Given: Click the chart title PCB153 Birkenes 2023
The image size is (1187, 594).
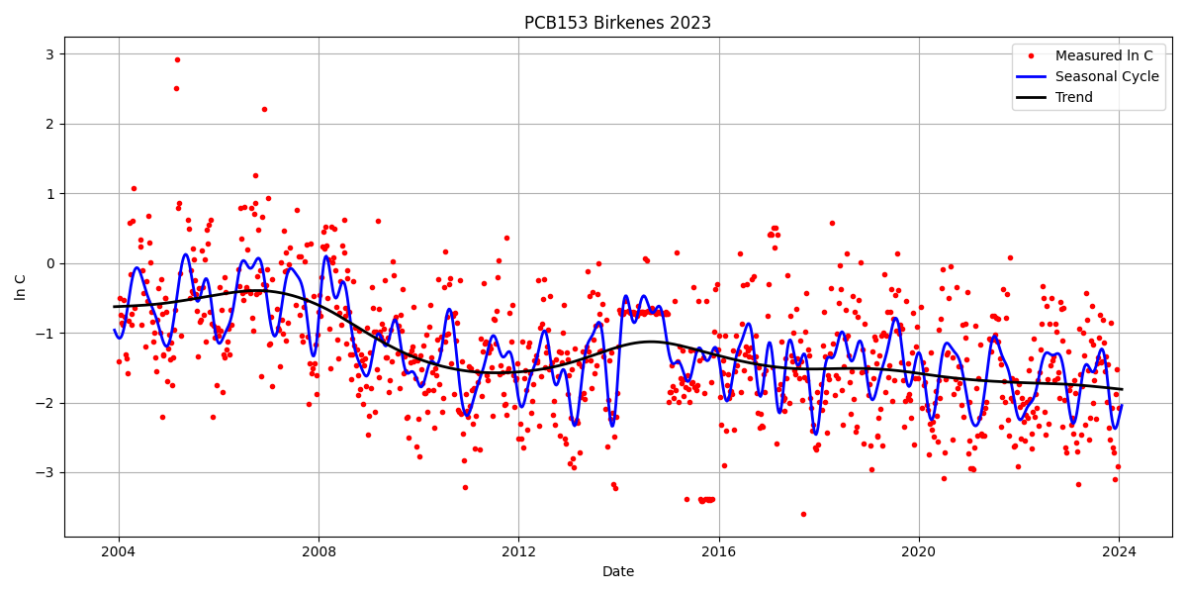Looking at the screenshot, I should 617,23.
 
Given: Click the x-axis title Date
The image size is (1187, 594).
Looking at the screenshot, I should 617,572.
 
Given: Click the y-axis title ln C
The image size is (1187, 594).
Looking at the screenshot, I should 21,287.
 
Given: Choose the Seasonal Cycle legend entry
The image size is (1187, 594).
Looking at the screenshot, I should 1099,76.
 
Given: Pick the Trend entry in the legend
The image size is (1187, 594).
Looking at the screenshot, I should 1074,97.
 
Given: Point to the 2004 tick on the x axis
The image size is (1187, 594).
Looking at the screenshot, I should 119,551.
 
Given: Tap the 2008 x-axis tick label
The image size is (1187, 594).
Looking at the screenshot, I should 319,551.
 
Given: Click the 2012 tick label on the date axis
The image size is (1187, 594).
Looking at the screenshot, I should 518,551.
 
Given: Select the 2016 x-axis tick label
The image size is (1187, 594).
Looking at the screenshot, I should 718,551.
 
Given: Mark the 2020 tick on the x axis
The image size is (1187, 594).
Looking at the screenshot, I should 918,551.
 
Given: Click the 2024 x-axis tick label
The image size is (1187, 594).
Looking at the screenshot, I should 1119,551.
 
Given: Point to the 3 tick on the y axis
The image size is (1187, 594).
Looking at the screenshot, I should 48,54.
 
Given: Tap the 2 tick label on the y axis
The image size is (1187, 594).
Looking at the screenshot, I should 48,124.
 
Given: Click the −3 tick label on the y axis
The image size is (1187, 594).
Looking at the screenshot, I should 45,472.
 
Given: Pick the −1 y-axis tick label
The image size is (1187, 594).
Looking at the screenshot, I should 45,333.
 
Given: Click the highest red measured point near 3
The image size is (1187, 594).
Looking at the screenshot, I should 177,59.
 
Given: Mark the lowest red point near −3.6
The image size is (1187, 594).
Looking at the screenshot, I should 803,514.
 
